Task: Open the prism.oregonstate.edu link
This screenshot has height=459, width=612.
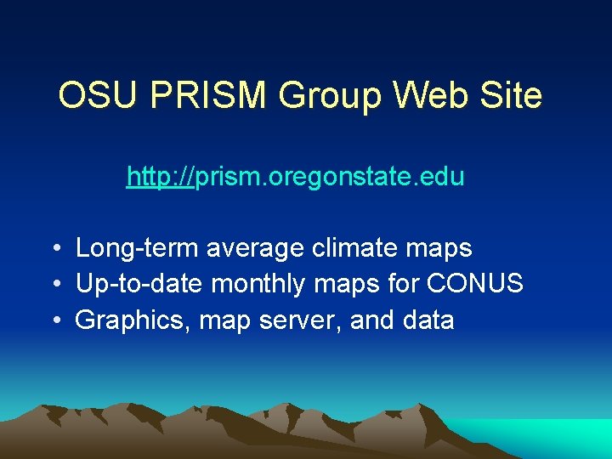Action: [x=295, y=177]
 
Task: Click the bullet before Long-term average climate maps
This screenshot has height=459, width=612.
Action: [x=54, y=249]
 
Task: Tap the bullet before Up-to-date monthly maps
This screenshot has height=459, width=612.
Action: [x=54, y=285]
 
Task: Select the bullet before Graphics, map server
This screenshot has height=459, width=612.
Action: [x=54, y=321]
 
